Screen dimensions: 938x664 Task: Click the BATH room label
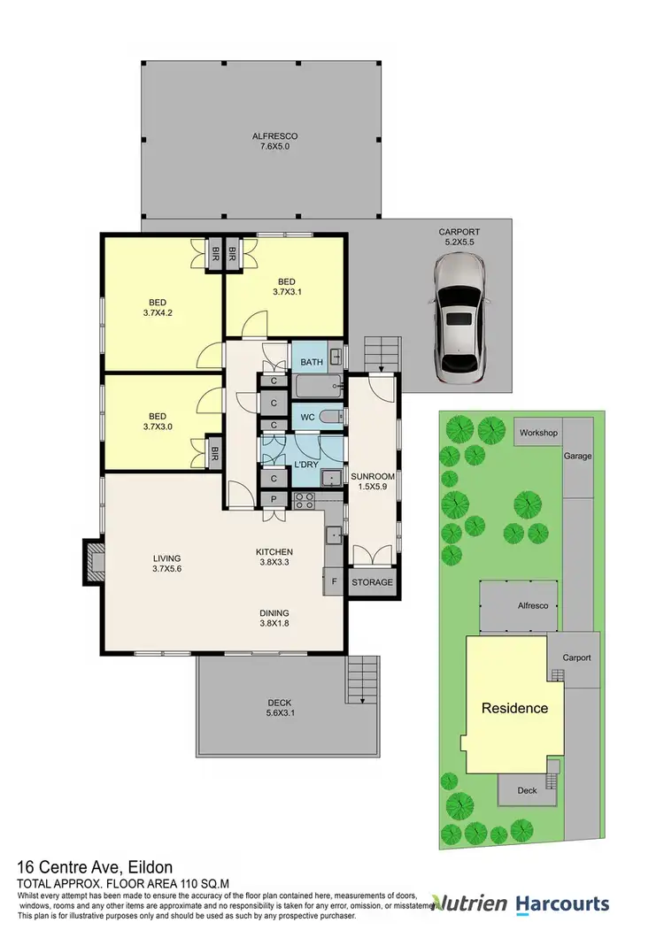click(312, 362)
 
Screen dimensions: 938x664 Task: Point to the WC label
click(308, 417)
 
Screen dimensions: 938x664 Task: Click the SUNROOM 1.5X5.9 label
click(373, 482)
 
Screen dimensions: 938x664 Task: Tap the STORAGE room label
click(372, 584)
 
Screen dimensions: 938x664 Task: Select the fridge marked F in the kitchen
click(334, 583)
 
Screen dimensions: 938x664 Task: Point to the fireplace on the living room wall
click(93, 559)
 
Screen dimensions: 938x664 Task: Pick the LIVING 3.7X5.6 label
click(166, 564)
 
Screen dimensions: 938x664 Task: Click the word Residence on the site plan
click(514, 708)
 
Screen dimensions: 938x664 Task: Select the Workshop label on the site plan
click(538, 433)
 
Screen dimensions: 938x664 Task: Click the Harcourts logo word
click(562, 903)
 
